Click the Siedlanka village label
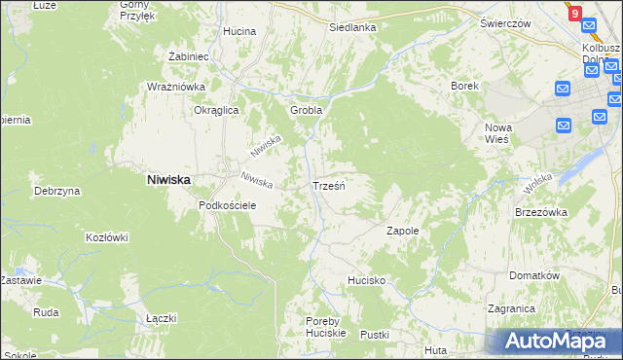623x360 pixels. (352, 27)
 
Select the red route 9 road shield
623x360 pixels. (575, 14)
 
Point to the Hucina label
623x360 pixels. (238, 31)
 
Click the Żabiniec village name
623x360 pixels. (189, 56)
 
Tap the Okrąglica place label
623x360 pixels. (216, 111)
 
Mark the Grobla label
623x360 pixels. (306, 110)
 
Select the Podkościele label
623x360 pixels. (227, 205)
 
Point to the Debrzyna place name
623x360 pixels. (55, 191)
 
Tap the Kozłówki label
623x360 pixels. (107, 236)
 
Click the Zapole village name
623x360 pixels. (402, 231)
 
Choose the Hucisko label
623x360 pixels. (368, 280)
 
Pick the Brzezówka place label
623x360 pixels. (540, 211)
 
